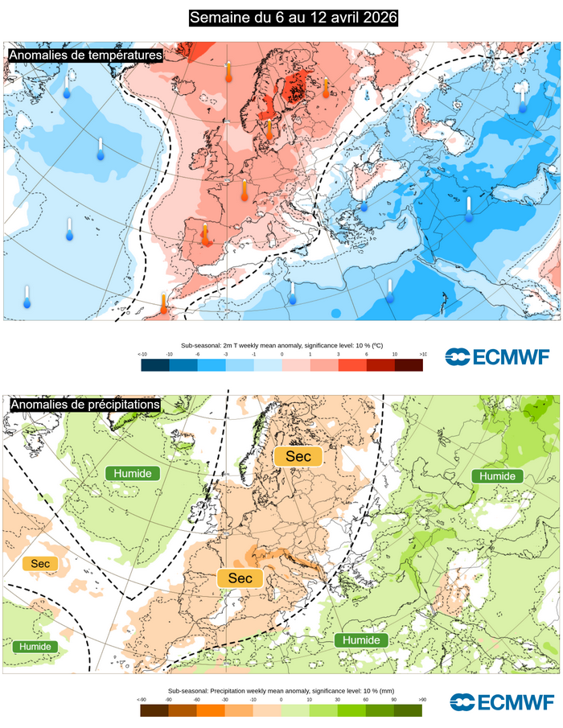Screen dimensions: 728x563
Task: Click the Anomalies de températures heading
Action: point(85,55)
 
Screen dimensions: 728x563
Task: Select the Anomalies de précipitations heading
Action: point(84,405)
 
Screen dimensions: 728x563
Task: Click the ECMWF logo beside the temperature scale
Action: point(498,357)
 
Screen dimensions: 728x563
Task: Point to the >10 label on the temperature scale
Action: point(423,354)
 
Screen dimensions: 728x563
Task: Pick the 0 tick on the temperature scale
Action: point(281,354)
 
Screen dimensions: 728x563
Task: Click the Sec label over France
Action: point(240,578)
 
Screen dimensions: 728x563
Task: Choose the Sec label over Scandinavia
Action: point(298,457)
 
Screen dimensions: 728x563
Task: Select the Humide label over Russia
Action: point(497,476)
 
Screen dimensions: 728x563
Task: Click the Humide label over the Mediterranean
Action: point(361,640)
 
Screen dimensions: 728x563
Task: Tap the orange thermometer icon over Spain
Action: point(205,234)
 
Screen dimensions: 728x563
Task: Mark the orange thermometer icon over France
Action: point(245,191)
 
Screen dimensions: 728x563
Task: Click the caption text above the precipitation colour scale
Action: point(281,690)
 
